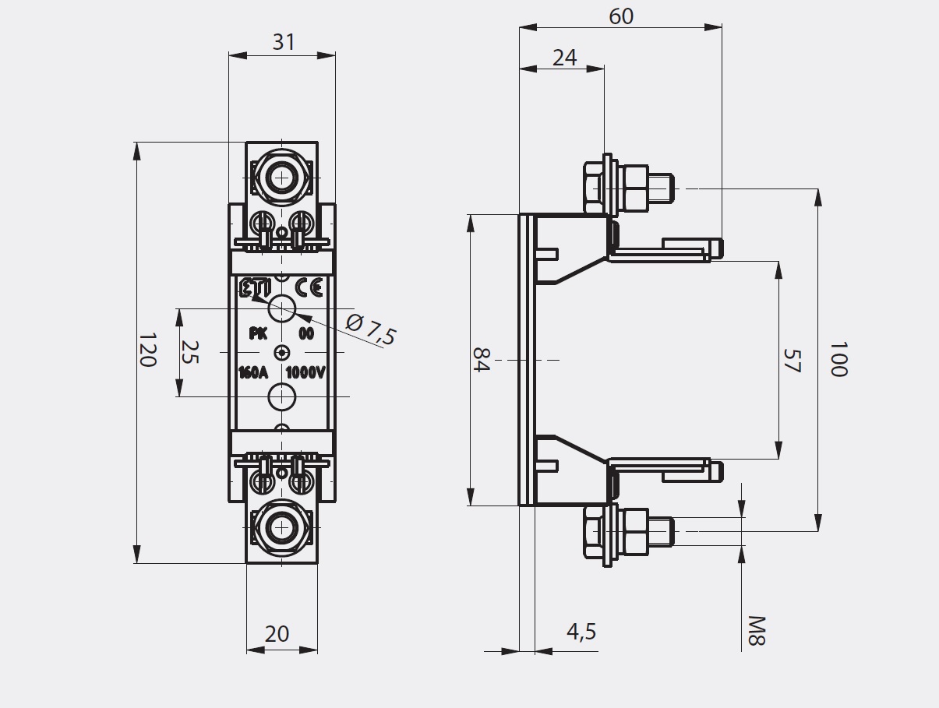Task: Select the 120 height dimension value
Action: (x=149, y=350)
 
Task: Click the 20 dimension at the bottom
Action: (x=277, y=634)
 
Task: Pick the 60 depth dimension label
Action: (x=621, y=16)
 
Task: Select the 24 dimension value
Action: (x=564, y=57)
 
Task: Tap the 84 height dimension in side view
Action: (x=482, y=360)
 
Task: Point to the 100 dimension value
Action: (x=838, y=358)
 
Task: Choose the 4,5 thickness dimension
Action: (x=581, y=632)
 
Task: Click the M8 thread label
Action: (x=757, y=631)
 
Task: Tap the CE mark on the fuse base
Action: (x=309, y=288)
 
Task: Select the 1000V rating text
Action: (x=305, y=372)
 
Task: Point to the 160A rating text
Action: (x=252, y=372)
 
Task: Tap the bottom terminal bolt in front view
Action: (x=281, y=527)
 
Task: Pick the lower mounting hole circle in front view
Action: (x=281, y=396)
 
